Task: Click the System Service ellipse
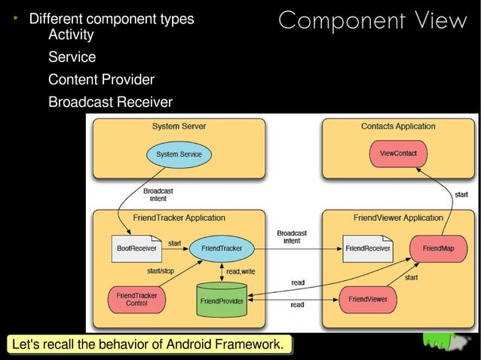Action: click(179, 154)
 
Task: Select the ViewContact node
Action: click(398, 154)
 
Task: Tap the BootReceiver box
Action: click(136, 248)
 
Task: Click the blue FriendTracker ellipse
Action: click(222, 248)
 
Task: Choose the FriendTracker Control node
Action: click(136, 299)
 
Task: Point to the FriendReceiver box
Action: click(367, 248)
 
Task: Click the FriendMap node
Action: click(438, 248)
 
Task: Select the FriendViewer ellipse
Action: click(368, 299)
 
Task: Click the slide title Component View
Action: click(372, 21)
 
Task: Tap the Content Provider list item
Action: click(101, 80)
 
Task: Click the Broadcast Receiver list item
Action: click(110, 102)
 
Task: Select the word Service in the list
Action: click(72, 57)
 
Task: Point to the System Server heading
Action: click(179, 127)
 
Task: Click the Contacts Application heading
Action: click(398, 127)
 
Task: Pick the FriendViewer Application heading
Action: click(398, 218)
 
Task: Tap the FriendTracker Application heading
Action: click(179, 218)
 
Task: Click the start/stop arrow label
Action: click(160, 271)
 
